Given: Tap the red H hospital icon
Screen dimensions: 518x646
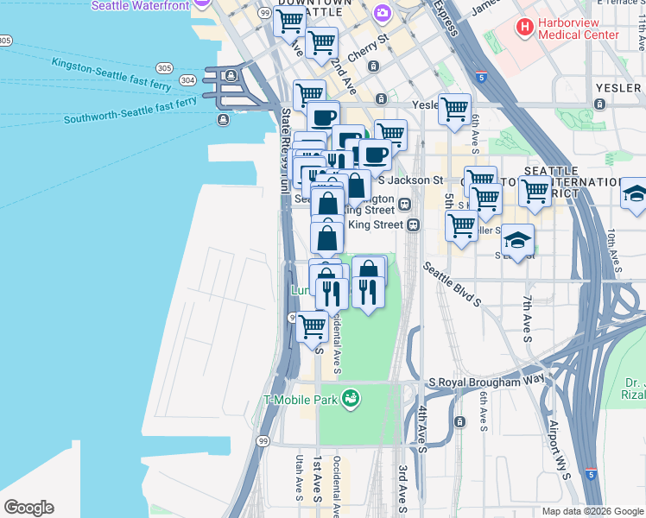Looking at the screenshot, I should point(524,28).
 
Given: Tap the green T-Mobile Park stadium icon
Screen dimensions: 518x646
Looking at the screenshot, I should point(351,398).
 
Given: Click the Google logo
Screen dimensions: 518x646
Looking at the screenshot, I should point(28,508).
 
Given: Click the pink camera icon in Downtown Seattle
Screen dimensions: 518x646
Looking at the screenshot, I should point(382,14).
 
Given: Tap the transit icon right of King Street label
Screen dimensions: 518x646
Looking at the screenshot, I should point(414,224).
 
